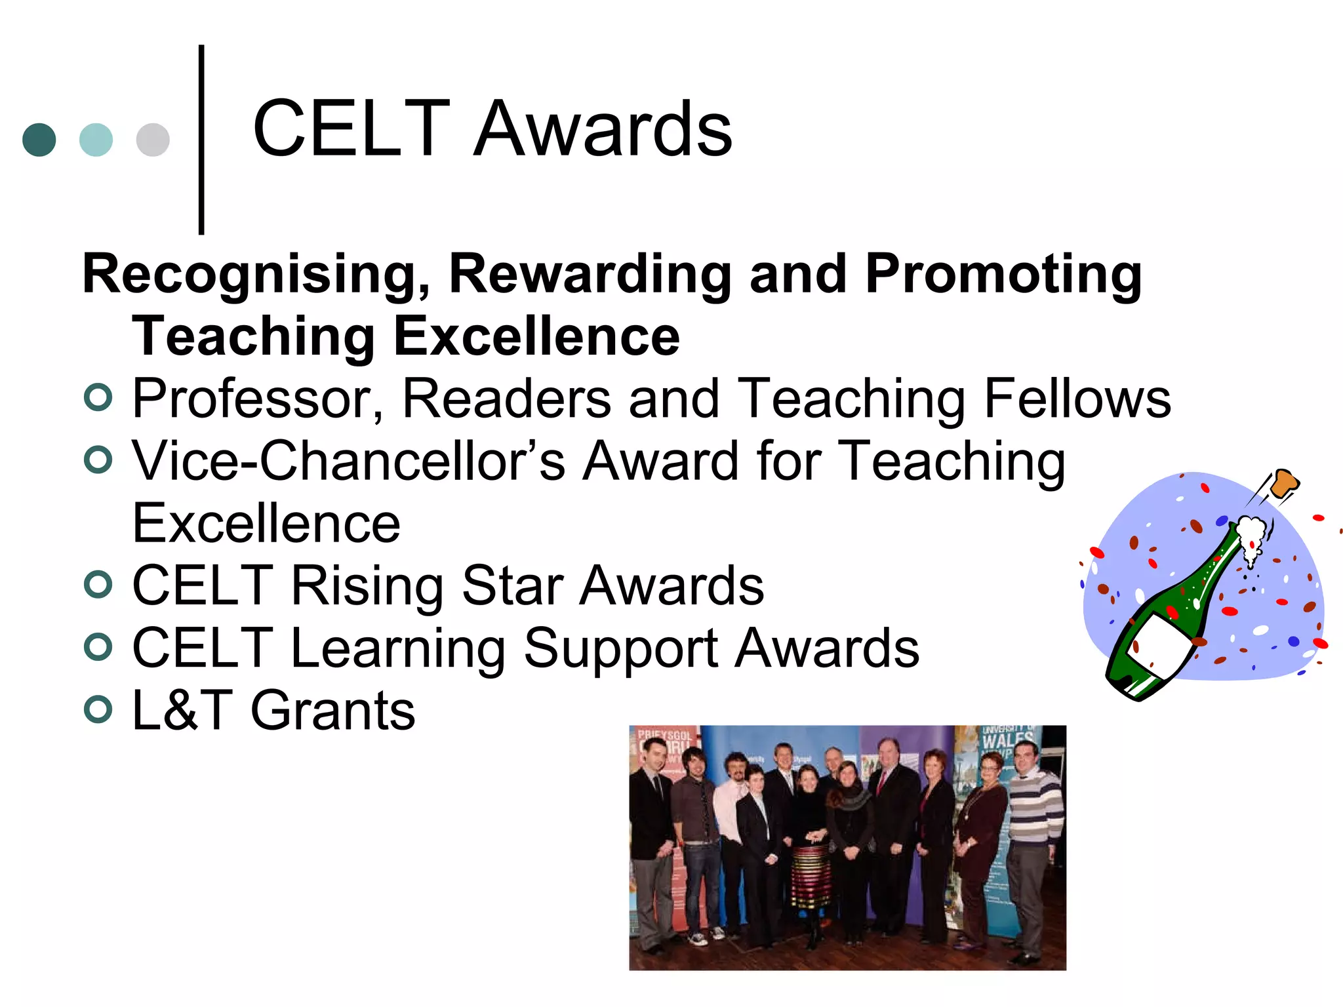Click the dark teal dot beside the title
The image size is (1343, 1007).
pos(39,140)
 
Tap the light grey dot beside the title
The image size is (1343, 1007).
pos(153,140)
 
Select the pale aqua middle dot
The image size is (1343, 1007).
pos(96,140)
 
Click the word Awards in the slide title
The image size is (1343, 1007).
pos(602,129)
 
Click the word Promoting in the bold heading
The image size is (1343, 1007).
pos(1003,275)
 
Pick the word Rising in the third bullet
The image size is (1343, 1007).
pos(367,585)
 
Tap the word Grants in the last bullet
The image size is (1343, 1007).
pos(333,711)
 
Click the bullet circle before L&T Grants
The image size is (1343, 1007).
pos(98,709)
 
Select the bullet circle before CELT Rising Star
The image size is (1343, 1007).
pos(98,584)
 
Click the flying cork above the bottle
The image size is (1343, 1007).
pos(1284,484)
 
